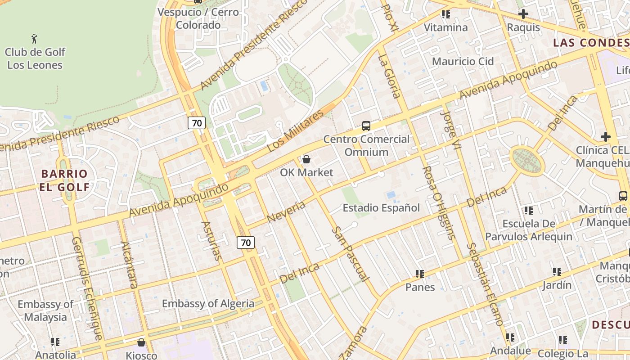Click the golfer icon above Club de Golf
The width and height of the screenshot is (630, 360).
click(35, 39)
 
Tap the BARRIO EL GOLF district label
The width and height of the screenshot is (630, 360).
click(64, 180)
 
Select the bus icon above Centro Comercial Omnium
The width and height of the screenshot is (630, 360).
click(366, 126)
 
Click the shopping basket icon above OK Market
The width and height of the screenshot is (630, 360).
click(306, 159)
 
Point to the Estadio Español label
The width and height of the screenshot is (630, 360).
click(381, 208)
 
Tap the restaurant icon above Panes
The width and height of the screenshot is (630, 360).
click(420, 274)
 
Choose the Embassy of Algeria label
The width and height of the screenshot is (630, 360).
click(208, 304)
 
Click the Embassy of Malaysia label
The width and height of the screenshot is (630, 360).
click(45, 310)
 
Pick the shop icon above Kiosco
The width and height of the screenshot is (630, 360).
click(141, 342)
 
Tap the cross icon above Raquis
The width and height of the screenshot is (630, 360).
click(523, 14)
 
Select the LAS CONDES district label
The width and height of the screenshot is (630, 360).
click(591, 43)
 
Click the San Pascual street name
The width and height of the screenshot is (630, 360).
click(351, 255)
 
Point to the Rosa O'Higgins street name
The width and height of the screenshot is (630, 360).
click(439, 202)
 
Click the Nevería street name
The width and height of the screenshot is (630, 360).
click(286, 212)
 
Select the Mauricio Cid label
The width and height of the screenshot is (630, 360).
click(463, 61)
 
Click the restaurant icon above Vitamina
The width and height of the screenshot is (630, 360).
click(446, 14)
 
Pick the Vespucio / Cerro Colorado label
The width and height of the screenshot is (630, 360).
click(198, 18)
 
